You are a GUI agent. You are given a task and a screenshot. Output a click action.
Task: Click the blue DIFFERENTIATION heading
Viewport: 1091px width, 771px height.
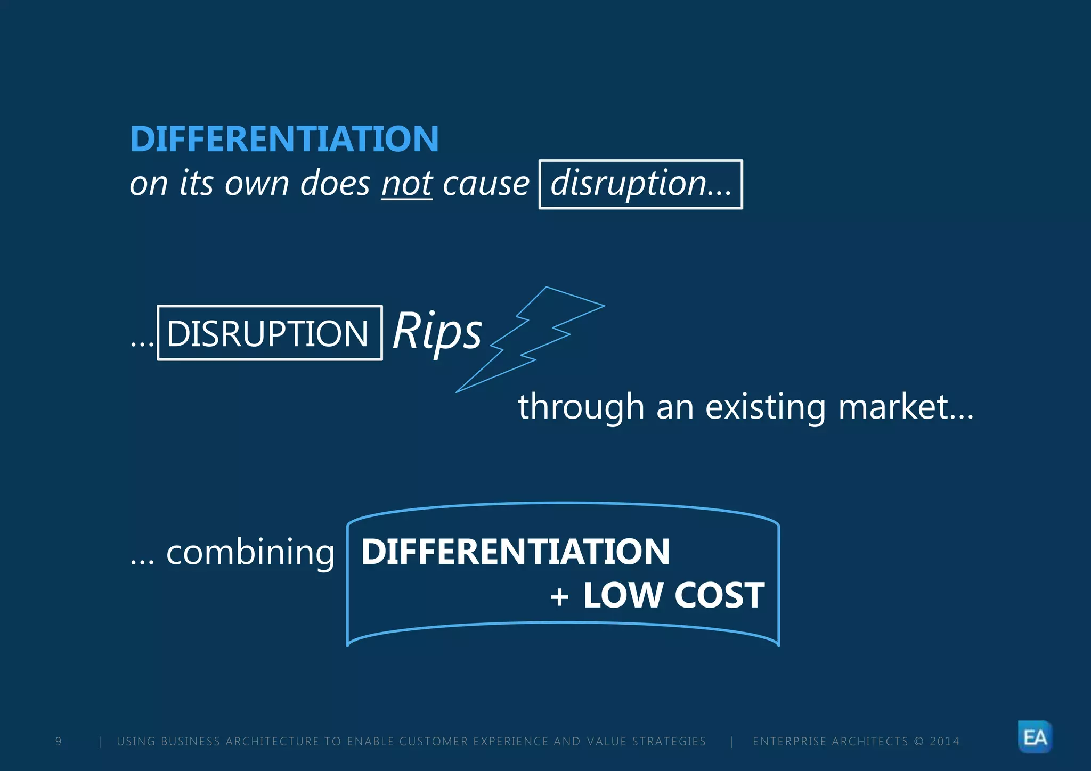284,139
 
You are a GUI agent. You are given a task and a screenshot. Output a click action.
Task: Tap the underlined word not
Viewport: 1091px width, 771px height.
406,184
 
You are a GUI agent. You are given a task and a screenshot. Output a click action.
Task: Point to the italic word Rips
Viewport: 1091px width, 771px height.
437,331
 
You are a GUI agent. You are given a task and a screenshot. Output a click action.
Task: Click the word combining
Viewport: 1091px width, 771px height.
250,553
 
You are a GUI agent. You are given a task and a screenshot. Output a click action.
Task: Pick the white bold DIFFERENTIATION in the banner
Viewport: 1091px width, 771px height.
515,552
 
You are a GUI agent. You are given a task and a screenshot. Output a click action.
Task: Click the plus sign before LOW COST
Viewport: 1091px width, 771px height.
559,596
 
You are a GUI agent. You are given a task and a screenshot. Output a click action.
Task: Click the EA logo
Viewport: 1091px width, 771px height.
1035,737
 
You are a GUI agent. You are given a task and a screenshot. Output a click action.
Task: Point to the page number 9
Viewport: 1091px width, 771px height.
59,741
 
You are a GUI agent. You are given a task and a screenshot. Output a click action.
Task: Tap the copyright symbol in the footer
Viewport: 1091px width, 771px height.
918,741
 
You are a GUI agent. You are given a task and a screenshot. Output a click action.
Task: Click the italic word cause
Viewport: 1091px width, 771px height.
486,184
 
